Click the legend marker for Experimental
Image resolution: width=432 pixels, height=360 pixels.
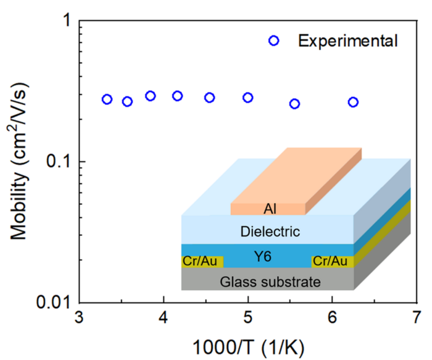click(274, 41)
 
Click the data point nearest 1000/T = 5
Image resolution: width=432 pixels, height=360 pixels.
click(247, 98)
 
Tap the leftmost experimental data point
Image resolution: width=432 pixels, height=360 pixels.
click(107, 99)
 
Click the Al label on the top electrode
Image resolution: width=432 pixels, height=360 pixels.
click(269, 209)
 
